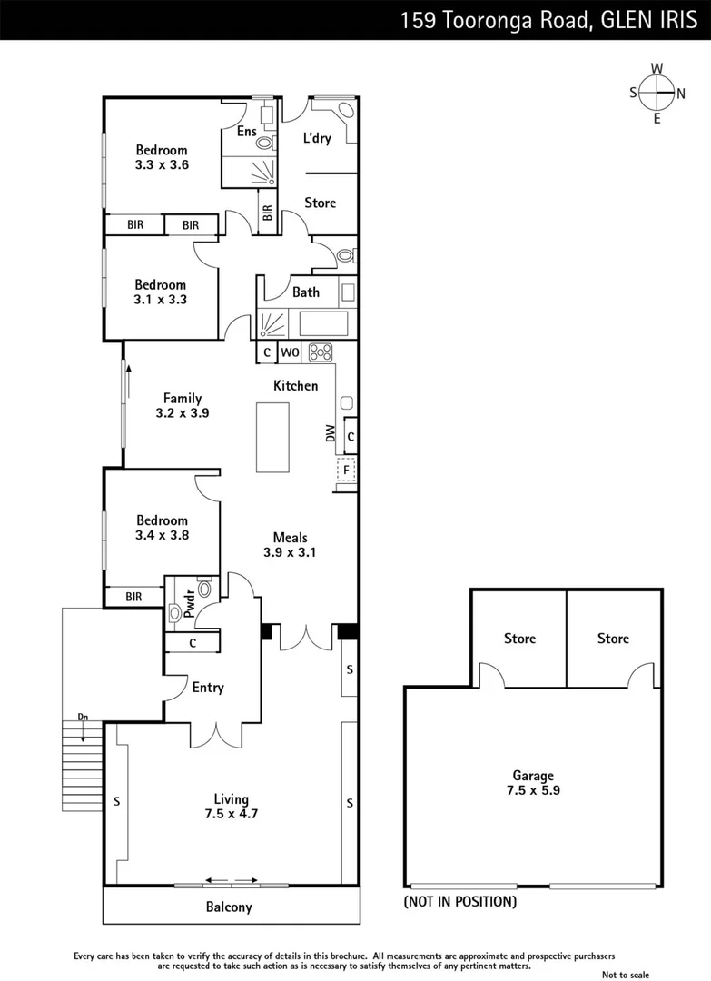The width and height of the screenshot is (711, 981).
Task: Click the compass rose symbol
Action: [657, 92]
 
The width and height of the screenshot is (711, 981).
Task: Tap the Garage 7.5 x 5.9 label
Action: [533, 783]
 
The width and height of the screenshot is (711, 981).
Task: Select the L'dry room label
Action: [317, 138]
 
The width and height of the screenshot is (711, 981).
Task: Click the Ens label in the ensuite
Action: [246, 132]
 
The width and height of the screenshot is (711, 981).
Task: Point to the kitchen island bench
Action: [272, 437]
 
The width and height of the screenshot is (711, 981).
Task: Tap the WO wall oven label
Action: [290, 352]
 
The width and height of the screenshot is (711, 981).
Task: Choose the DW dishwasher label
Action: [331, 436]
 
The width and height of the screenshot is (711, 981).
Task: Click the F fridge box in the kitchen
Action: [346, 470]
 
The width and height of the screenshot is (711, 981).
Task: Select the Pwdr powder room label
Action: [190, 605]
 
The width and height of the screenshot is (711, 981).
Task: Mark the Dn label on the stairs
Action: [83, 718]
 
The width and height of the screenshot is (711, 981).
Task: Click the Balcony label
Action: [229, 907]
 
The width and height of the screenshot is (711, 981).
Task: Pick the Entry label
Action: [208, 688]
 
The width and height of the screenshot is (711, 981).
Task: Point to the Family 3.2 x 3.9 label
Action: [183, 405]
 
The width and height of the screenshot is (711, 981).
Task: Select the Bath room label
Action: [306, 292]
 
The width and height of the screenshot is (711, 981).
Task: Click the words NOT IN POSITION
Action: [460, 902]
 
